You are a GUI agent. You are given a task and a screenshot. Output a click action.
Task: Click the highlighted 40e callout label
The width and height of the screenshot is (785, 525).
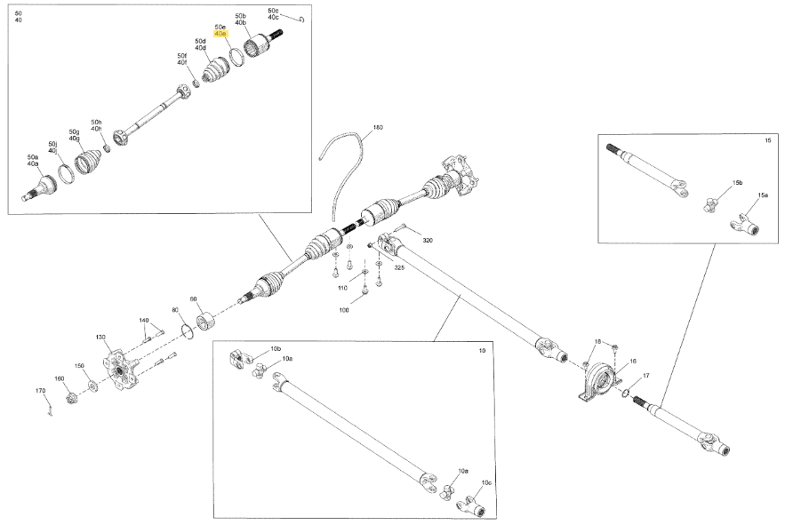point(220,34)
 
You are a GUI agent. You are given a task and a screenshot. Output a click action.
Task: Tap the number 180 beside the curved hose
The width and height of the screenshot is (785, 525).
point(378,128)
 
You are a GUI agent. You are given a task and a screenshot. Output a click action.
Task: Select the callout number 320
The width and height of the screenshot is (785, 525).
point(427,240)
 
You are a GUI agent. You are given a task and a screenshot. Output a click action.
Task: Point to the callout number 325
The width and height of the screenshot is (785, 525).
point(398,267)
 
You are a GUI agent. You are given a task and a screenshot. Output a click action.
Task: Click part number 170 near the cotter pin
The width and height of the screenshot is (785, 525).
point(41,390)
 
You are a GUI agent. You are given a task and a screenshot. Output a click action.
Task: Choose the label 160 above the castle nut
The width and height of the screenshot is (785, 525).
point(59,378)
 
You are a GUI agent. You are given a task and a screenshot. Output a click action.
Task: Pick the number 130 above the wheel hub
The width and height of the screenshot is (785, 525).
point(100,338)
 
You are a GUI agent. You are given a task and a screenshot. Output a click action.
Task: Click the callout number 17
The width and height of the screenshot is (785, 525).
point(645,376)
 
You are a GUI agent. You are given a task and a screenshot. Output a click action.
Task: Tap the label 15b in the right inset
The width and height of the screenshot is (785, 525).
point(738,183)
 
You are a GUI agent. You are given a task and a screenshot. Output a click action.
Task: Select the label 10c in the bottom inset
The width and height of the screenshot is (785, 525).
point(486,483)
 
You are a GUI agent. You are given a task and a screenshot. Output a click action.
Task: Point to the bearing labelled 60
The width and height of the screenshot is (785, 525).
point(205,322)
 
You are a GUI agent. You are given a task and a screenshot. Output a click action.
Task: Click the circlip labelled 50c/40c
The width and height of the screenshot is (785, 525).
point(302,20)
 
